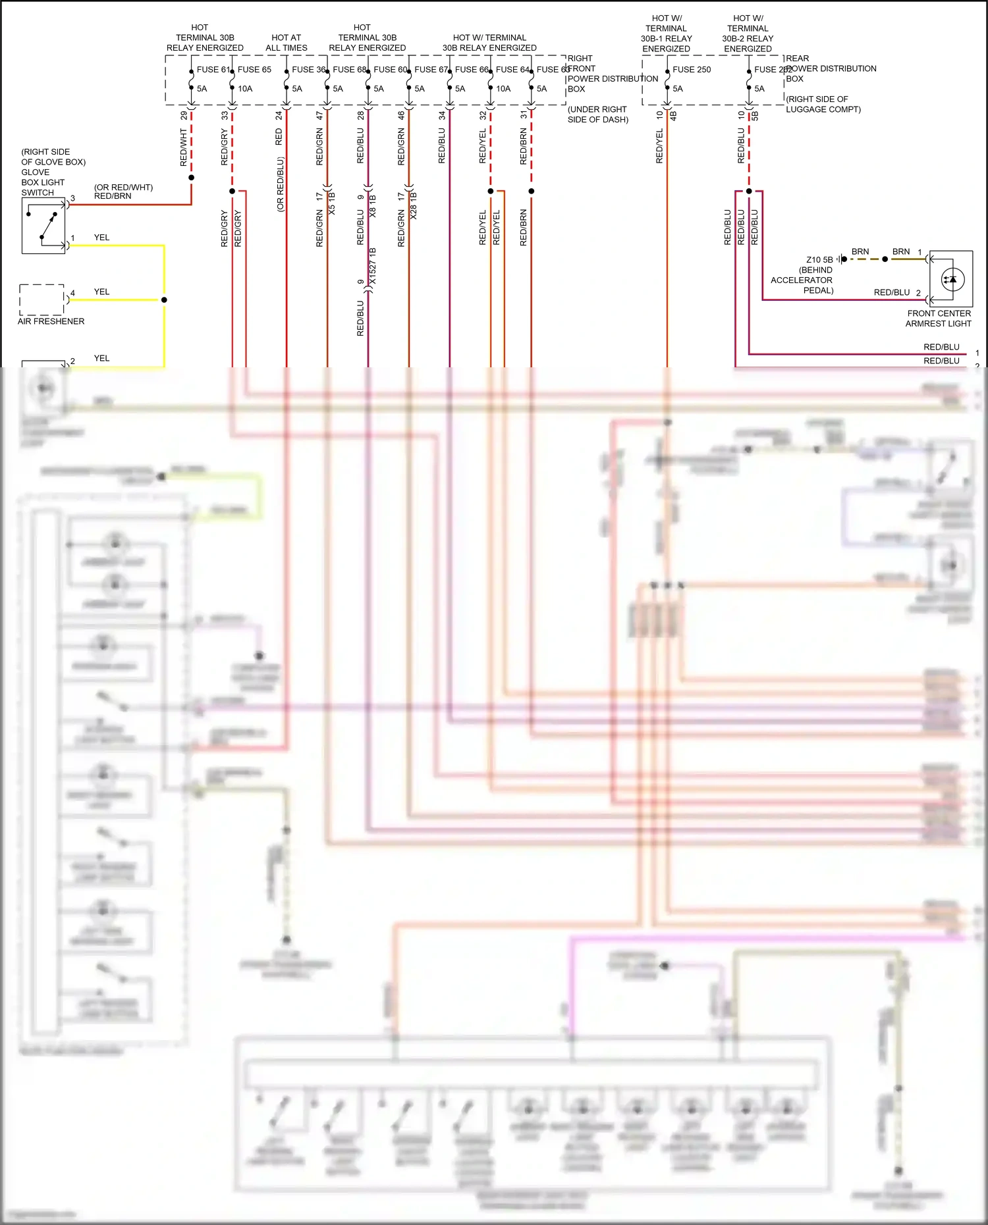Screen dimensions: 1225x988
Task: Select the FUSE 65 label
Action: (254, 70)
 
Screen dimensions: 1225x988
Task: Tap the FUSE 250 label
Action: (692, 70)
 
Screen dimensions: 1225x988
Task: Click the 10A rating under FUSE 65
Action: (245, 89)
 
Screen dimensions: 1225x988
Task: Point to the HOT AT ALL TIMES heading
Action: (287, 43)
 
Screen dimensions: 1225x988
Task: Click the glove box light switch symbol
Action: (43, 226)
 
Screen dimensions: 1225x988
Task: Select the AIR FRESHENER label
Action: (51, 321)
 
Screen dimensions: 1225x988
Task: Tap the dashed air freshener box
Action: (41, 300)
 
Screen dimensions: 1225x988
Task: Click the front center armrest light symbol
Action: (952, 279)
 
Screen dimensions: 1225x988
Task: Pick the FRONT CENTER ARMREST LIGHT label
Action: (939, 319)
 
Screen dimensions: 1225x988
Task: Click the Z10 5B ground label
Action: (819, 260)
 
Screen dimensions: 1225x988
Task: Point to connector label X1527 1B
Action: (373, 266)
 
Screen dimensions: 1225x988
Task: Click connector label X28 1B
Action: (414, 205)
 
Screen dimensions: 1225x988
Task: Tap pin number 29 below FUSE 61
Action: (184, 115)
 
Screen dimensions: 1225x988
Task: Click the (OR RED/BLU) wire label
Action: (280, 184)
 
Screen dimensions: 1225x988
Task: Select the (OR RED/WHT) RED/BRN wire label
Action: (123, 192)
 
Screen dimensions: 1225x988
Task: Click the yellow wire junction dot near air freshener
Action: (164, 300)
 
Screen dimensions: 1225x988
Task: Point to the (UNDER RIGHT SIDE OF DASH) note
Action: (597, 115)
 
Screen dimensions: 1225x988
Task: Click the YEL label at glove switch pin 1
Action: (101, 238)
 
